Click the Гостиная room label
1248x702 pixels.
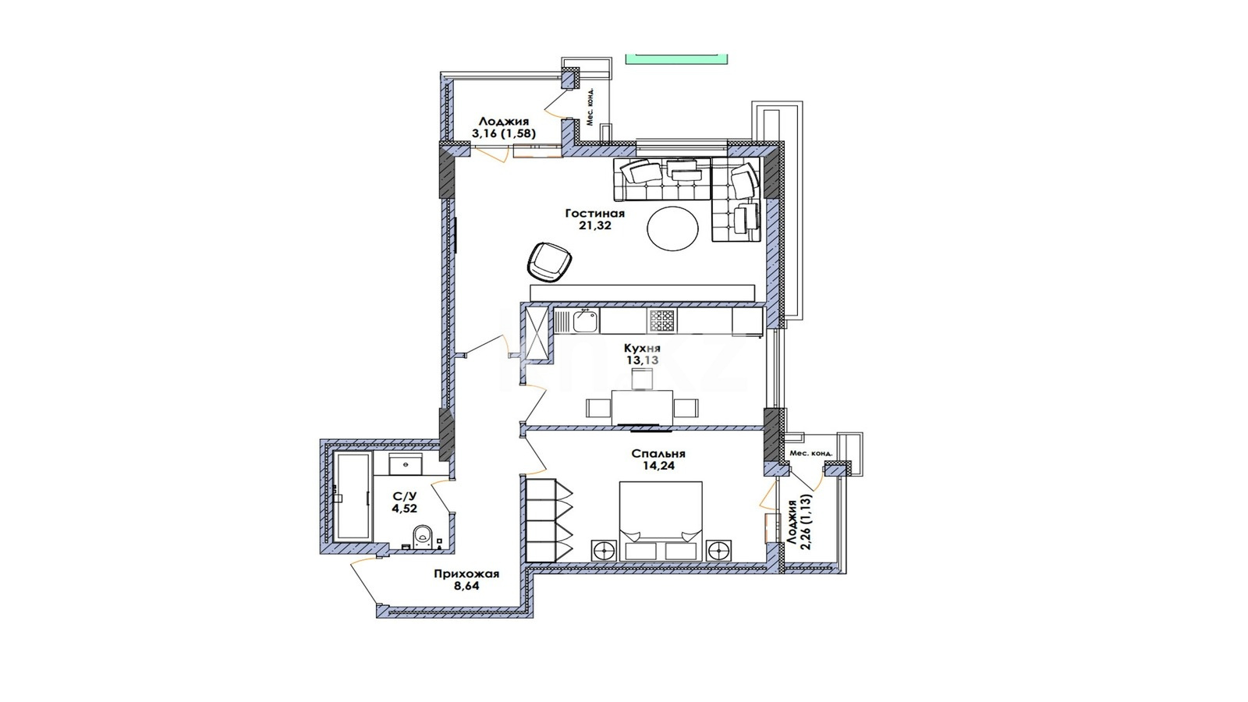point(594,214)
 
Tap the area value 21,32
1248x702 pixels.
point(595,225)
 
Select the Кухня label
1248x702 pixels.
point(643,348)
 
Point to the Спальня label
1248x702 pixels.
point(658,453)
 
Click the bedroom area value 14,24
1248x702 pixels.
point(658,466)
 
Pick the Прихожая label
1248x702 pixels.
point(466,574)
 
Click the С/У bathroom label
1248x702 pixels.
point(405,496)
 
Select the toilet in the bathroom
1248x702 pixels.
point(422,536)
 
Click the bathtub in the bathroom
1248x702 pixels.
point(352,496)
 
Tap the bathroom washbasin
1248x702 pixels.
point(406,464)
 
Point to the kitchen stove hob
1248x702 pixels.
point(662,321)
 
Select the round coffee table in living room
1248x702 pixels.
point(672,229)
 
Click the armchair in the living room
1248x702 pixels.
point(549,262)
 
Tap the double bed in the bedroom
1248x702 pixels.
point(660,522)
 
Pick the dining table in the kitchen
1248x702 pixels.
point(642,407)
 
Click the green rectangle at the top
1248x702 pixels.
point(676,59)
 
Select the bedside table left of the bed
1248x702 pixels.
point(604,551)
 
